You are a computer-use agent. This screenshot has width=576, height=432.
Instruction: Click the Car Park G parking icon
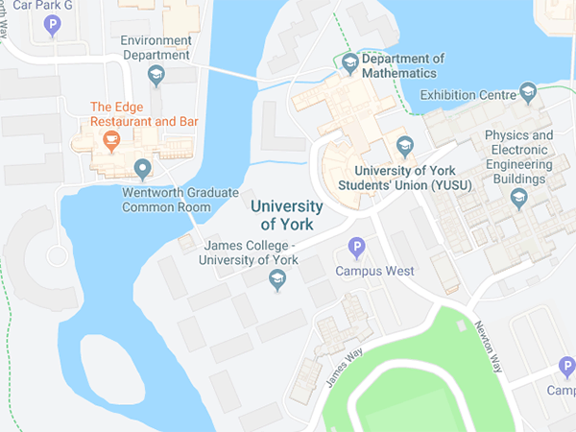click(52, 24)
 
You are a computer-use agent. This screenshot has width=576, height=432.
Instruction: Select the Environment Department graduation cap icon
click(156, 73)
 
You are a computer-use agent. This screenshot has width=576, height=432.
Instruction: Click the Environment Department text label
click(156, 48)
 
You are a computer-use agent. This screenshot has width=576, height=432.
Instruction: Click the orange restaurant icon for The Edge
click(111, 142)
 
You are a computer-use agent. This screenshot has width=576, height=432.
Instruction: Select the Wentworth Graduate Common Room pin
click(143, 170)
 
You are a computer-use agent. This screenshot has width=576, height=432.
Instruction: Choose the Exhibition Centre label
click(468, 96)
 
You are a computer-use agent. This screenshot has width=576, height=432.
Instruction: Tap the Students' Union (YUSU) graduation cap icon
click(404, 145)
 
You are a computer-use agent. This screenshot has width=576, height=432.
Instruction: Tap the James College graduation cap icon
click(278, 279)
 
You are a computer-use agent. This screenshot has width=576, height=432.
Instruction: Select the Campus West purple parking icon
click(357, 249)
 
